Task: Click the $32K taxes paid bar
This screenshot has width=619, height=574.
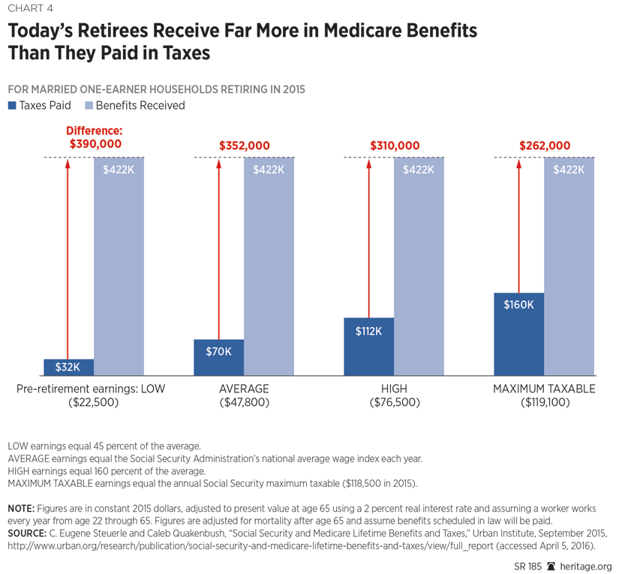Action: [68, 368]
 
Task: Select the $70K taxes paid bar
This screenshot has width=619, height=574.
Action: [218, 358]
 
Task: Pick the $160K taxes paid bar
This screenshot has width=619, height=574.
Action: [518, 334]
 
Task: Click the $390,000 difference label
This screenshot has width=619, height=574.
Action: [95, 144]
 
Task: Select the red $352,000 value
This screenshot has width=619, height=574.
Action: [245, 146]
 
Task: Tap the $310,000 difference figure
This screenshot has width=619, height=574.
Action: [395, 146]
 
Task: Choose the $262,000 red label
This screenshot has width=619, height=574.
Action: [545, 146]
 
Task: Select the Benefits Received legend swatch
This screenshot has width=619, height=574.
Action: [89, 106]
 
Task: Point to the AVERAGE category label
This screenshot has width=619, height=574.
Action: [244, 389]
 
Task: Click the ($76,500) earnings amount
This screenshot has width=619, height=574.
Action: [395, 403]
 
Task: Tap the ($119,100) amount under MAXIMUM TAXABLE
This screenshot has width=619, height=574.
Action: [544, 403]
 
